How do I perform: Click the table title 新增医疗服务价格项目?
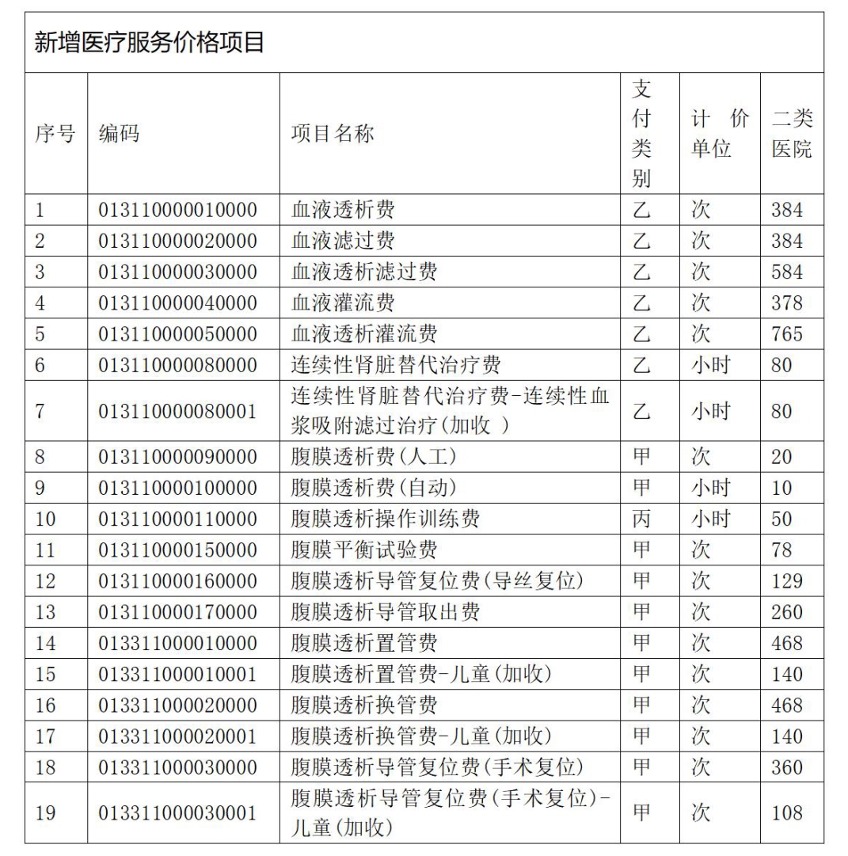[x=150, y=43]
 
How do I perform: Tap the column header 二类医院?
[x=792, y=134]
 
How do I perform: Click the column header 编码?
[x=120, y=134]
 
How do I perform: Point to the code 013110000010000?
[x=178, y=210]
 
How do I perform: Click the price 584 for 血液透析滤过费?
[x=787, y=272]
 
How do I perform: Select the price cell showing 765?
[x=787, y=333]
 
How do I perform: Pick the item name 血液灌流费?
[x=343, y=302]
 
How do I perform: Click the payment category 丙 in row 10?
[x=641, y=519]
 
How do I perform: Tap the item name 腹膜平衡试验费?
[x=364, y=550]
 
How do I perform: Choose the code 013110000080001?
[x=178, y=412]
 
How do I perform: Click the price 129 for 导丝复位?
[x=787, y=580]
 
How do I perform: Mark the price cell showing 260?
[x=787, y=611]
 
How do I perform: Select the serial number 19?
[x=46, y=812]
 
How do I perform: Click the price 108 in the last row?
[x=787, y=812]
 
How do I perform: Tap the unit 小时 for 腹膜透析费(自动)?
[x=710, y=488]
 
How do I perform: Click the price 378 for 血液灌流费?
[x=787, y=302]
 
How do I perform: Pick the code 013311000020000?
[x=178, y=705]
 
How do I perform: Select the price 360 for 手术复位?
[x=787, y=767]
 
